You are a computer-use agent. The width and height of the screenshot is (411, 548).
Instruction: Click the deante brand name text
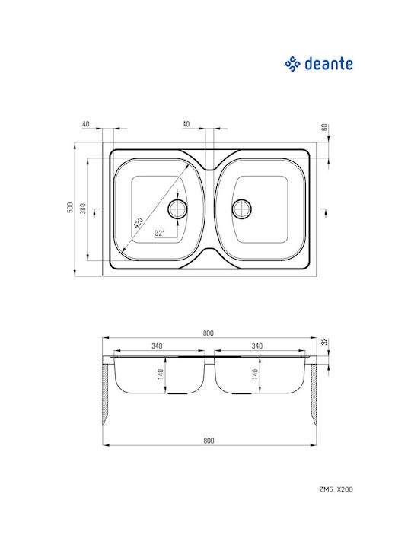[x=329, y=64]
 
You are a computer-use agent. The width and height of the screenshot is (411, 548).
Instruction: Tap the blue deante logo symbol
[x=292, y=64]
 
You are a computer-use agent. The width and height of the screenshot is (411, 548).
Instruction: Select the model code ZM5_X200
[x=336, y=489]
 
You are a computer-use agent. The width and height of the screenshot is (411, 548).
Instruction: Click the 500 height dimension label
[x=70, y=208]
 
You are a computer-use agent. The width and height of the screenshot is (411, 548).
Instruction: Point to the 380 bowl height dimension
[x=83, y=209]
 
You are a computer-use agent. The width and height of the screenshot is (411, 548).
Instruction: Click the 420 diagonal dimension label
[x=139, y=222]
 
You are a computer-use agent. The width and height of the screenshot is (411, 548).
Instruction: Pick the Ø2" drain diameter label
[x=159, y=233]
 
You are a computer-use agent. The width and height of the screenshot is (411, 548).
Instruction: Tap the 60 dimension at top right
[x=325, y=127]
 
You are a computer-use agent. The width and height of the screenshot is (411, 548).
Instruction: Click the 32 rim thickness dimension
[x=326, y=341]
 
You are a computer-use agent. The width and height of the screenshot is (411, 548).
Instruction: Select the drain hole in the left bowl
[x=177, y=209]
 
